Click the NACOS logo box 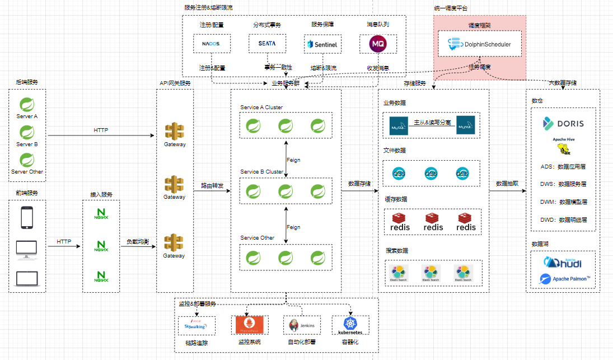click(x=211, y=44)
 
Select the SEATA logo click(x=267, y=43)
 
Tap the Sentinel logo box click(x=322, y=44)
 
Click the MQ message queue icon click(x=378, y=44)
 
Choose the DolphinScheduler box click(x=480, y=44)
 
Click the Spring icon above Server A click(x=27, y=104)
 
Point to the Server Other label click(x=27, y=171)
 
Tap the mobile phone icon click(x=27, y=218)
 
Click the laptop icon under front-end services click(x=27, y=278)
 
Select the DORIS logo click(x=563, y=123)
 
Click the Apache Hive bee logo click(x=563, y=148)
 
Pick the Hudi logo click(x=563, y=262)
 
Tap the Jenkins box click(x=302, y=325)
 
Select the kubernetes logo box click(x=350, y=325)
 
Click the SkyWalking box click(x=196, y=325)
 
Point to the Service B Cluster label click(x=261, y=172)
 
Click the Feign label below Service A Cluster click(x=293, y=160)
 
